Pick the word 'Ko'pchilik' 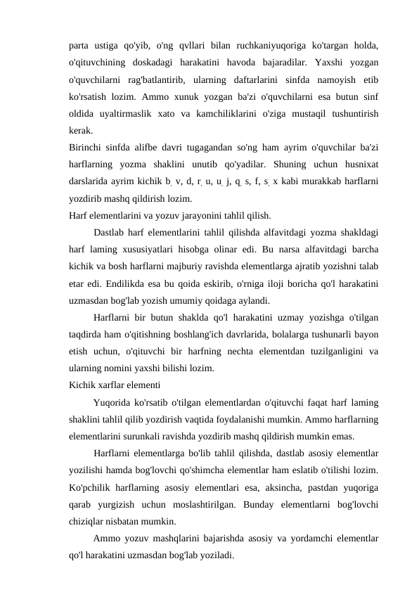click(x=92, y=485)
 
